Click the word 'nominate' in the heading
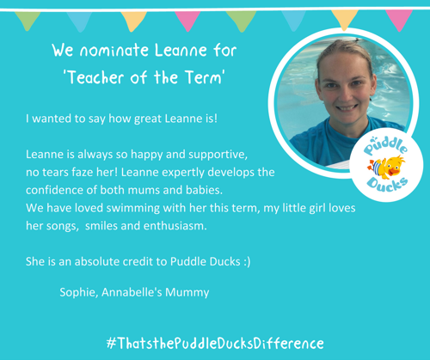114,51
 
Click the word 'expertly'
183,173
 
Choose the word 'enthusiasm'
175,226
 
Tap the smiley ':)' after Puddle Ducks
247,262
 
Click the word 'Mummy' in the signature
187,293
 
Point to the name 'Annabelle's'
132,292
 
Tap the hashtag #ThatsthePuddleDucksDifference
215,343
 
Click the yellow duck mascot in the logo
386,167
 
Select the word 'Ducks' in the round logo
387,186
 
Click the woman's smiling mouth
347,107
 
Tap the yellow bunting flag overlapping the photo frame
344,20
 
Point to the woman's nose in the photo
346,93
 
